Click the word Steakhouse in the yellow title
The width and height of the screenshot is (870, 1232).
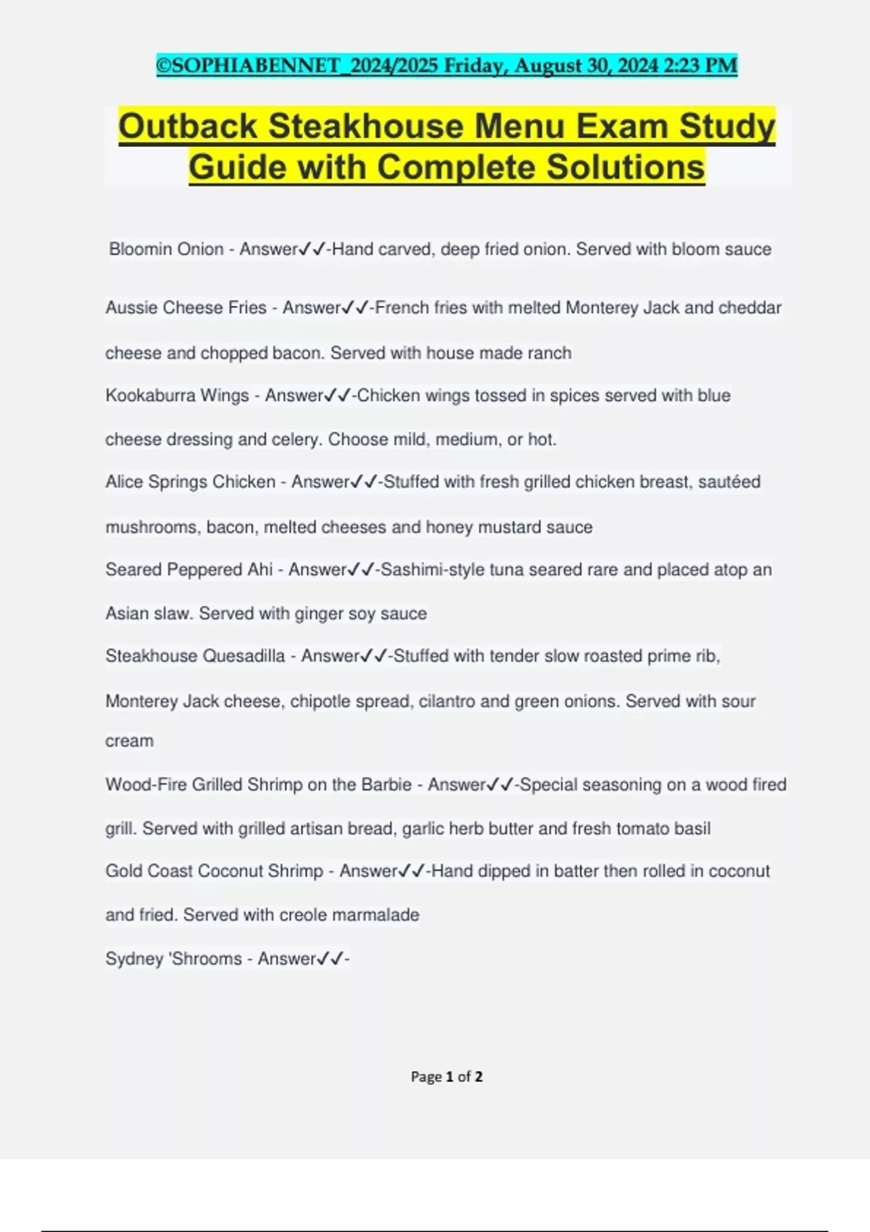click(366, 126)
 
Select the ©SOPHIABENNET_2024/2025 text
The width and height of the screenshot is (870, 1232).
click(297, 66)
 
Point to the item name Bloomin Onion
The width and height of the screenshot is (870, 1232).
click(166, 249)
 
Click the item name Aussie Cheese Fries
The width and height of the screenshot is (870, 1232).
click(186, 308)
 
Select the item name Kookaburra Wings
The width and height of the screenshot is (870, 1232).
click(177, 396)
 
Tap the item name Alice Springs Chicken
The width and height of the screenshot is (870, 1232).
click(190, 482)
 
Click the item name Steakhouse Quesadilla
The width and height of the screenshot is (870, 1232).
click(195, 656)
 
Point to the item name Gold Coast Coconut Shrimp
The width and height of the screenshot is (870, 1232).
click(214, 871)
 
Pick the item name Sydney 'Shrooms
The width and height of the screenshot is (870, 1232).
click(173, 959)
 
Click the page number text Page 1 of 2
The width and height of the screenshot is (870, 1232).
click(447, 1077)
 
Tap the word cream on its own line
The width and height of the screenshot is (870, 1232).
click(129, 741)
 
